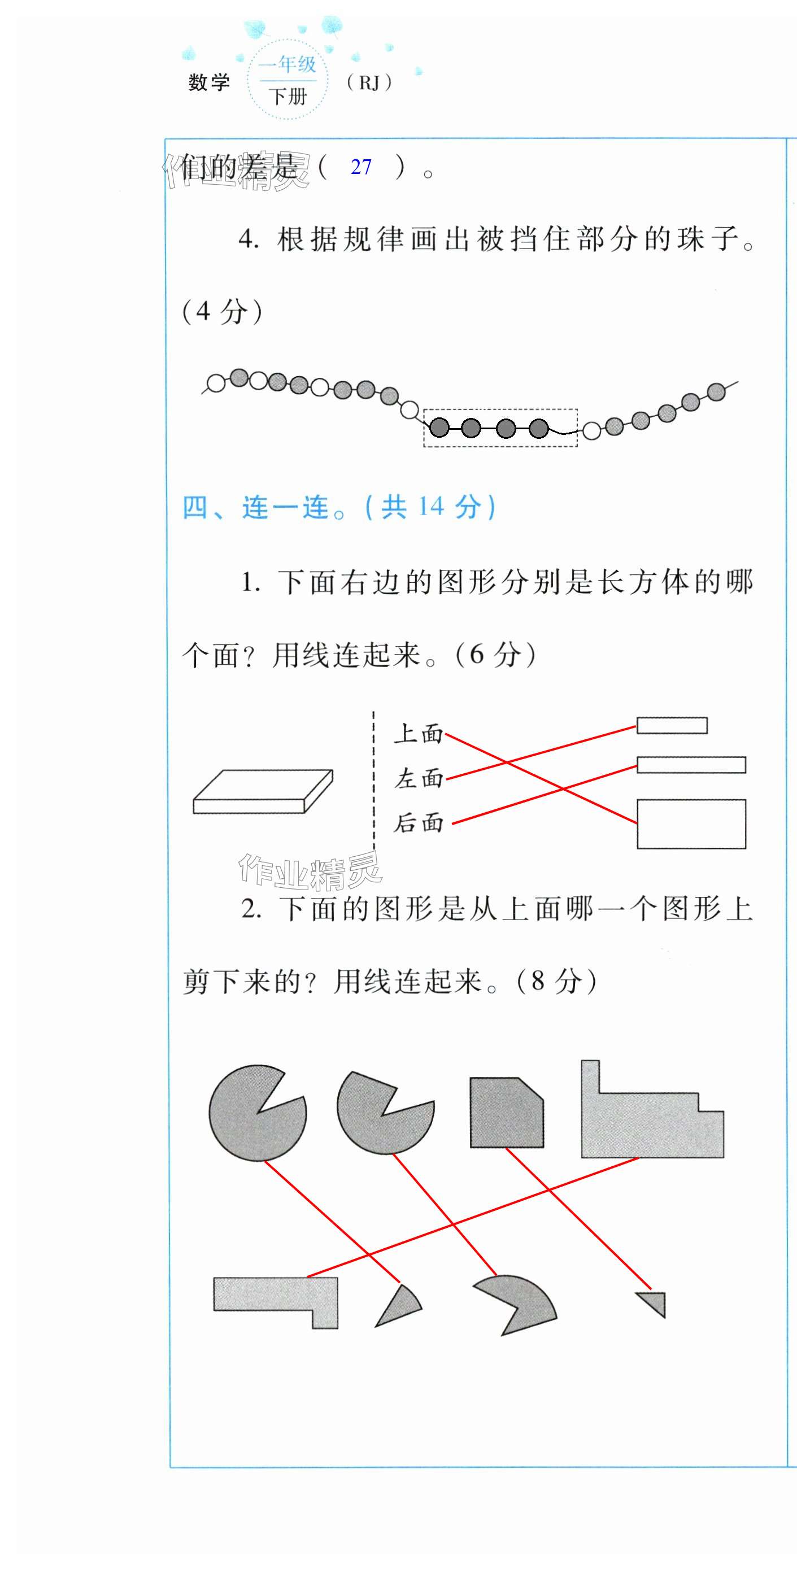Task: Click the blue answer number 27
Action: (x=361, y=167)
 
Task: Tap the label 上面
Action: (x=418, y=733)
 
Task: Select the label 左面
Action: (x=418, y=778)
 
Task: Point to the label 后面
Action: (x=418, y=823)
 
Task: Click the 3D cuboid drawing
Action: (x=263, y=791)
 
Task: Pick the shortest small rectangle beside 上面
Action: (x=672, y=725)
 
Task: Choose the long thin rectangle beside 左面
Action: (x=691, y=764)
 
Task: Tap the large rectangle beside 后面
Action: (x=691, y=823)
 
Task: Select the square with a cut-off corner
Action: (x=506, y=1112)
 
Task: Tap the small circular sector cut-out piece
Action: (x=400, y=1306)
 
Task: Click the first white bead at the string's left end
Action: (x=216, y=383)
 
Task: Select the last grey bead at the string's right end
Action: (x=717, y=391)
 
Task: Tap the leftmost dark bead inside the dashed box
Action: (x=439, y=428)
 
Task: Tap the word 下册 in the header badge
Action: (x=288, y=96)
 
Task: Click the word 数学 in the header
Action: (x=209, y=82)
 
